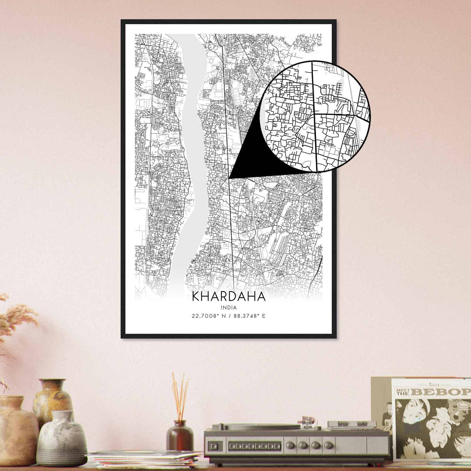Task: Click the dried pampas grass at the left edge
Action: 12,324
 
